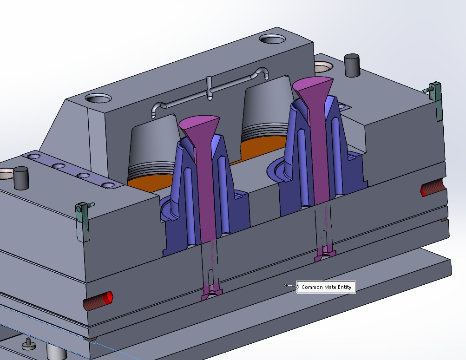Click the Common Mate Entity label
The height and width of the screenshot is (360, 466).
326,287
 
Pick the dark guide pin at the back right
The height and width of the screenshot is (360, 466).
352,65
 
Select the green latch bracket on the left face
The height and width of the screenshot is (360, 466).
83,221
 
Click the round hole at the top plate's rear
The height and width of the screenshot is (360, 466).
273,39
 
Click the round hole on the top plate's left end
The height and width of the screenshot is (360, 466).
98,98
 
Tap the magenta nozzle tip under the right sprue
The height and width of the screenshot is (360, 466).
326,255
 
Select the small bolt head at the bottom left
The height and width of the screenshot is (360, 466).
28,344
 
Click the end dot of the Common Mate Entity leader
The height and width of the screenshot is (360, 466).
286,285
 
